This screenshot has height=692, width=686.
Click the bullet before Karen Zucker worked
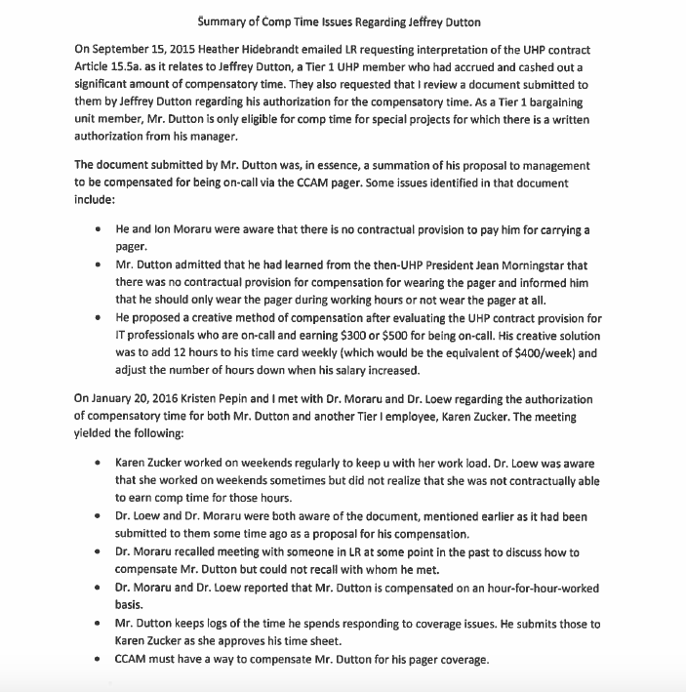coord(99,463)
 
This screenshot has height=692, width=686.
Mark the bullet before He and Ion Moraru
coord(99,229)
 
